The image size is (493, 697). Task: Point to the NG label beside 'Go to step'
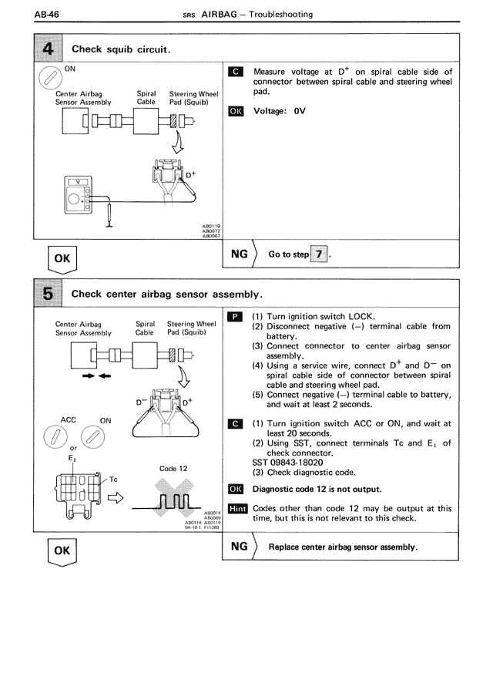(x=240, y=253)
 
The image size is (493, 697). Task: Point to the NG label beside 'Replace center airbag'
(x=240, y=547)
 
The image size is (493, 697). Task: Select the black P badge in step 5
(x=236, y=317)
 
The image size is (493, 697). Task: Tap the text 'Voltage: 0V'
(x=280, y=110)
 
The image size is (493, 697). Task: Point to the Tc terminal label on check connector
(x=113, y=479)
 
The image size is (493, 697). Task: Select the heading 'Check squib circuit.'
(x=121, y=50)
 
